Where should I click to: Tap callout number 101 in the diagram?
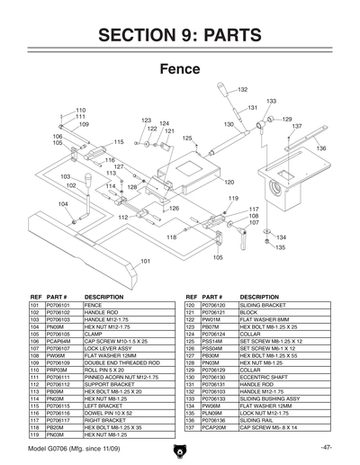(144, 261)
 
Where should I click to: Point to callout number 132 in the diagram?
(242, 90)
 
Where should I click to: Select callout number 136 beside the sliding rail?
(320, 148)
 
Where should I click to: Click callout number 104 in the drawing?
(63, 204)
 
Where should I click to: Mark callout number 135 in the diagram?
(280, 246)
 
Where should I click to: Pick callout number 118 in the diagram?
(170, 237)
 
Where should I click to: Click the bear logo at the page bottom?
(179, 451)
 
